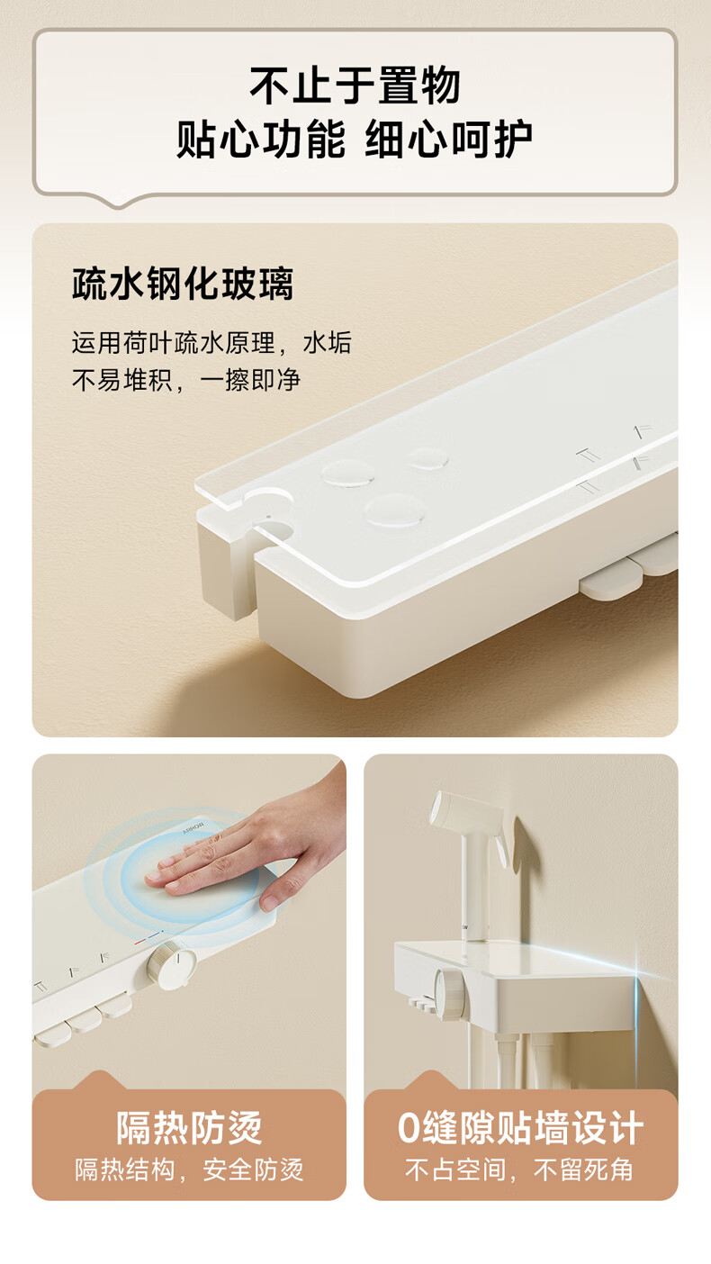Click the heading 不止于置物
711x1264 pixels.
(x=355, y=86)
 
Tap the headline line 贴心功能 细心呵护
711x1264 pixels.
(x=355, y=139)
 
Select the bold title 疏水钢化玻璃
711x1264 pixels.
(x=183, y=284)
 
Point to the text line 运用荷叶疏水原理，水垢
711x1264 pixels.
(x=211, y=342)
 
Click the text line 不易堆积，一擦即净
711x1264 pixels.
(x=186, y=380)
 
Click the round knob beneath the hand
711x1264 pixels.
(x=172, y=965)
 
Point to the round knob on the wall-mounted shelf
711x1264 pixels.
(x=450, y=991)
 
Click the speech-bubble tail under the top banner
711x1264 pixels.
(x=120, y=201)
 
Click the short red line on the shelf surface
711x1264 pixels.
(x=140, y=942)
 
